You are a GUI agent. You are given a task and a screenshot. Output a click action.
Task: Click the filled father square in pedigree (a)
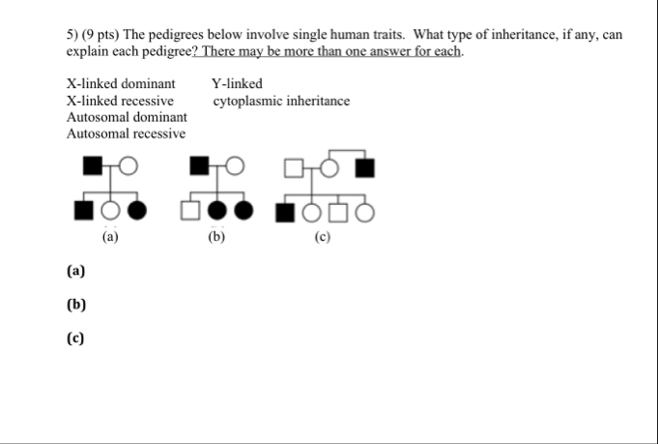pos(92,166)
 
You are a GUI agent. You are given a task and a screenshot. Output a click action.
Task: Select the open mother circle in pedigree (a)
pos(129,166)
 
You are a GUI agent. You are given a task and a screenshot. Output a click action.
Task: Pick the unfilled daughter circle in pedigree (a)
pos(111,210)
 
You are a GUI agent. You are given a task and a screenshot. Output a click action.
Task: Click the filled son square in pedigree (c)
pos(284,210)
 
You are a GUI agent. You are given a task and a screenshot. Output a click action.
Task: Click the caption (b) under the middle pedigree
pos(216,235)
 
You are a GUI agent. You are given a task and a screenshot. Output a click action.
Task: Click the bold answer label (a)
pos(76,272)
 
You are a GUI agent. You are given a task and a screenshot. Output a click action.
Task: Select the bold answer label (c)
pos(76,338)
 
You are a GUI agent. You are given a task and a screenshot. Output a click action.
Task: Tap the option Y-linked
pos(237,84)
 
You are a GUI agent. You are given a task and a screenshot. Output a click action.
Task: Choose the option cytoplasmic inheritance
pos(281,101)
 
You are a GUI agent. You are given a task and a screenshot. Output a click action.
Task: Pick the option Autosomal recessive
pos(126,133)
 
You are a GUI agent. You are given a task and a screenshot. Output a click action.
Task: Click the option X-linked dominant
pos(121,84)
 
